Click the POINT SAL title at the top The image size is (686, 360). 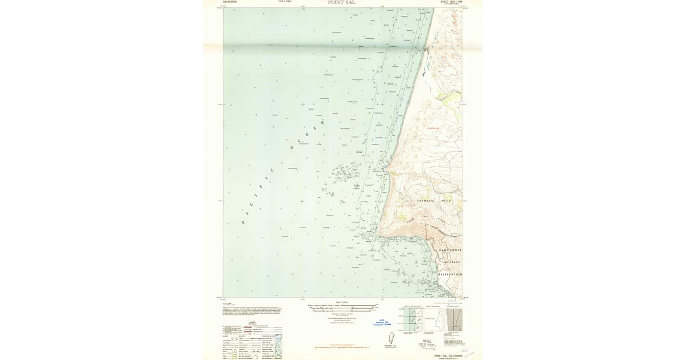pyautogui.click(x=342, y=2)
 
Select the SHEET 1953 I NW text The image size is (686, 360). pyautogui.click(x=450, y=2)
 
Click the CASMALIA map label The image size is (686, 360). pyautogui.click(x=425, y=201)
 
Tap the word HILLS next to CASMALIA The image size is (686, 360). pyautogui.click(x=446, y=201)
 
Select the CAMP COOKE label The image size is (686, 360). pyautogui.click(x=450, y=250)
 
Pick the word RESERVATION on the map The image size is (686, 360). pyautogui.click(x=450, y=274)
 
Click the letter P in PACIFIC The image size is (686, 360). pyautogui.click(x=243, y=222)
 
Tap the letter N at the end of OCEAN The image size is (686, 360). pyautogui.click(x=322, y=122)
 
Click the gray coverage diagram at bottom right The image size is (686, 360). pyautogui.click(x=458, y=320)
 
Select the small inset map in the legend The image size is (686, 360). pyautogui.click(x=278, y=346)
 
